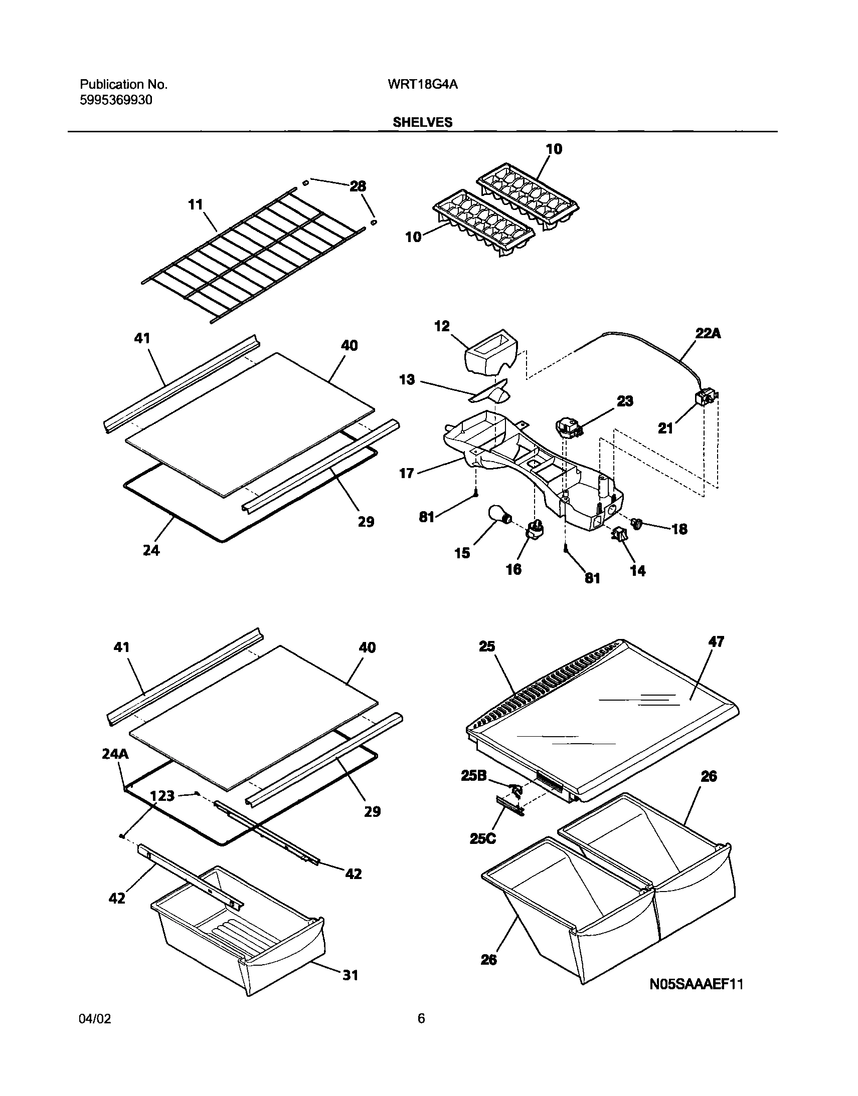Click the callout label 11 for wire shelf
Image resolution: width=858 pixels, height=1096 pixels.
196,205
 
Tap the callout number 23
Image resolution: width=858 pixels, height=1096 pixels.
625,401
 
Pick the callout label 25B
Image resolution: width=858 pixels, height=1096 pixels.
474,776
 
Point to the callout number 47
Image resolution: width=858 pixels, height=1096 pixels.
716,641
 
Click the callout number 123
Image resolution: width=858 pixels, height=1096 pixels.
162,796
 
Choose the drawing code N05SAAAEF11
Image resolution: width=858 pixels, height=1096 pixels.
696,985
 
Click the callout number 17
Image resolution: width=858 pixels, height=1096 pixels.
406,473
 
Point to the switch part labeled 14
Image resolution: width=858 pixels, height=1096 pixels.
619,536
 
